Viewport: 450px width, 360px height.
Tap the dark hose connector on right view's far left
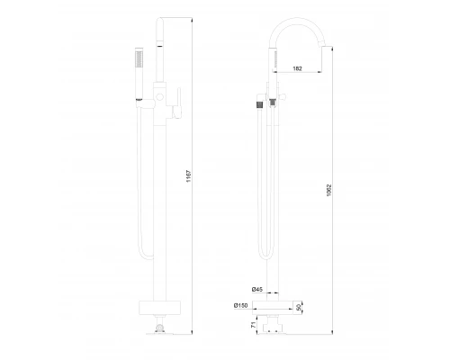[x=260, y=102]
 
